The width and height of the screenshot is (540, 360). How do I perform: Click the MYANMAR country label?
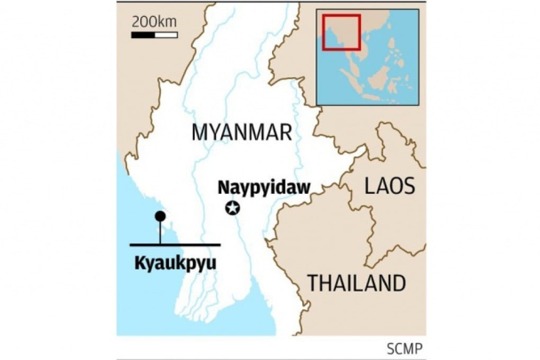pyautogui.click(x=241, y=132)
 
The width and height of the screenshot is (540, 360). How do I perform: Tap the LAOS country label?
pyautogui.click(x=389, y=186)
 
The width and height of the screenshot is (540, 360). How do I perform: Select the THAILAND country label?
pyautogui.click(x=357, y=283)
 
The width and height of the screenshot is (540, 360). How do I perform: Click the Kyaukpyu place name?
pyautogui.click(x=175, y=263)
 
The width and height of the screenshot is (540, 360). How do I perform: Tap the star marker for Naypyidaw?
pyautogui.click(x=232, y=208)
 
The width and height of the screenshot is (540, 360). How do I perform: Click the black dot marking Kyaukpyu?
pyautogui.click(x=160, y=216)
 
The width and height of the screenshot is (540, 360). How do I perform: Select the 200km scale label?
pyautogui.click(x=154, y=22)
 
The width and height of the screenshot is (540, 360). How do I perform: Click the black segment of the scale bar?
pyautogui.click(x=143, y=34)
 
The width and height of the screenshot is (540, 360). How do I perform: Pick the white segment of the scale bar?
pyautogui.click(x=166, y=34)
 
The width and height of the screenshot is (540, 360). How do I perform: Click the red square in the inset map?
pyautogui.click(x=341, y=32)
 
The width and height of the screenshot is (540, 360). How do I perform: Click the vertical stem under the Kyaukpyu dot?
pyautogui.click(x=160, y=232)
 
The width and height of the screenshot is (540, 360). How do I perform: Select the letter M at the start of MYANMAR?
pyautogui.click(x=199, y=132)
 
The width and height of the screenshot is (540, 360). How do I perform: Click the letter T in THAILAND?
pyautogui.click(x=313, y=283)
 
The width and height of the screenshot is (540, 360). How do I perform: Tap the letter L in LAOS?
pyautogui.click(x=369, y=186)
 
